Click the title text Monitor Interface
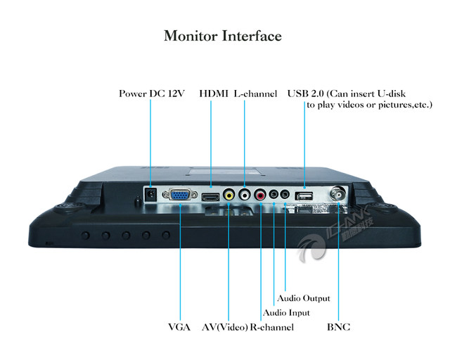tap(222, 35)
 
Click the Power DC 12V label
tap(151, 94)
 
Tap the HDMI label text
tap(214, 94)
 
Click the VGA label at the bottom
tap(180, 328)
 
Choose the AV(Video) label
tap(224, 328)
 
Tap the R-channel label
tap(272, 328)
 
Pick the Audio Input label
tap(285, 313)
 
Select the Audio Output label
tap(304, 299)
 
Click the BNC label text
tap(338, 328)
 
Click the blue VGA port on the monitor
tap(179, 195)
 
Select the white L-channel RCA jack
tap(245, 194)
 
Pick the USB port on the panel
tap(303, 195)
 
